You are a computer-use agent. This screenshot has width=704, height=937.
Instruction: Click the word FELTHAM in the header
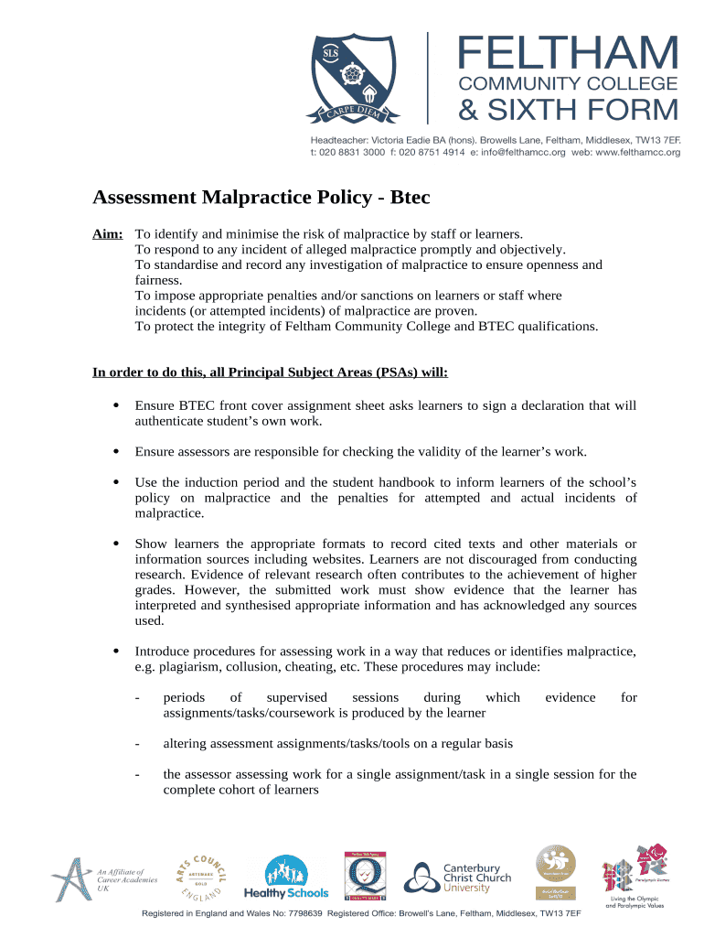point(568,53)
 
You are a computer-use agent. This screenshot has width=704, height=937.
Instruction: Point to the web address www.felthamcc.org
point(638,153)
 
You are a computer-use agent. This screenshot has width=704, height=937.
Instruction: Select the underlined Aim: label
point(108,234)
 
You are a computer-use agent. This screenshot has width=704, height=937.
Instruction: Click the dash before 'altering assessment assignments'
point(136,744)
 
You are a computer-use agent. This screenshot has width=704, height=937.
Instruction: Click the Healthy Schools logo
point(284,878)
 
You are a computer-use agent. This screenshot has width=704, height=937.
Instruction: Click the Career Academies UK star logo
point(71,878)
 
